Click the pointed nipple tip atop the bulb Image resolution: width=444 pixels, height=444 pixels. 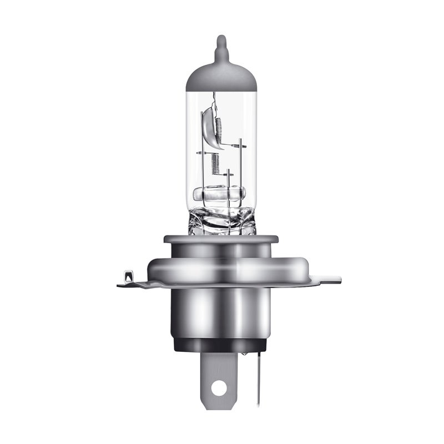(221, 40)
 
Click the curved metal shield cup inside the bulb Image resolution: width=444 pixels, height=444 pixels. (206, 125)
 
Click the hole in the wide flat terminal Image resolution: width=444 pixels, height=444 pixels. (220, 387)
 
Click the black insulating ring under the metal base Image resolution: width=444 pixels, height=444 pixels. (221, 345)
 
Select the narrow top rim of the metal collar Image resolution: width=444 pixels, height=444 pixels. (221, 239)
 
